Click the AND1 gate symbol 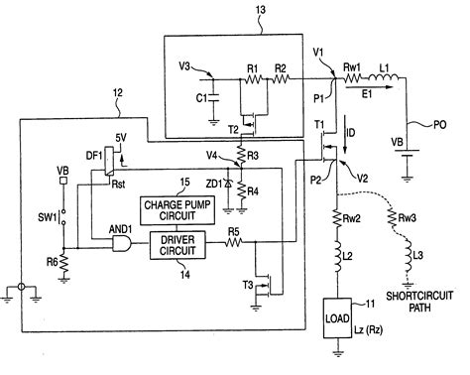point(124,244)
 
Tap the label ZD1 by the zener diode point(213,185)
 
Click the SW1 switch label point(43,215)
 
